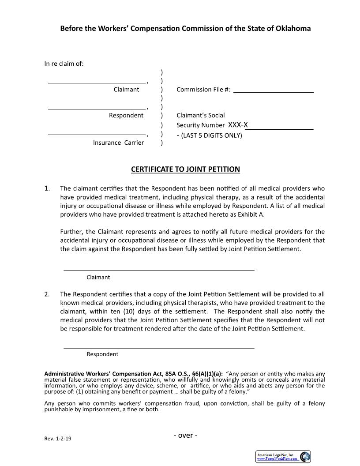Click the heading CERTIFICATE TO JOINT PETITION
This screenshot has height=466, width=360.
185,169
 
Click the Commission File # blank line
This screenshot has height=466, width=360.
274,92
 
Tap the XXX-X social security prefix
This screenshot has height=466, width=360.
238,125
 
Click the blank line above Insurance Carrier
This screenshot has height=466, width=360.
97,134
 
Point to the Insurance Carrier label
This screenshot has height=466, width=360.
118,143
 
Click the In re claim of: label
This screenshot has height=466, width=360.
64,64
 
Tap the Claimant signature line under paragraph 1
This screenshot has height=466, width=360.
159,270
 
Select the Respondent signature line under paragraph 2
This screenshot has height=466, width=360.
159,348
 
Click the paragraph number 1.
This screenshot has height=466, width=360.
47,188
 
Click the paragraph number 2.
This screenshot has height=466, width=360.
47,294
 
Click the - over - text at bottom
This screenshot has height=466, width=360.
185,436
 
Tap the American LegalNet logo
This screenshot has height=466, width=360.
283,457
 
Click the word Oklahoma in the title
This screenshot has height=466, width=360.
294,28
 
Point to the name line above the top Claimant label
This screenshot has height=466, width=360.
97,83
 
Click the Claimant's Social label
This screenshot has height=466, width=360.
201,115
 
